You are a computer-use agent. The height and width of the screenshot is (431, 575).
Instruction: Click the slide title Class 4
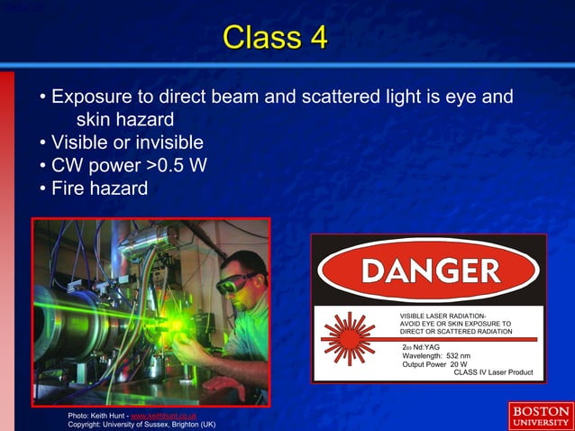click(275, 38)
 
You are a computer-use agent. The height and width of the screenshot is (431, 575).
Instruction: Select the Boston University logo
click(538, 415)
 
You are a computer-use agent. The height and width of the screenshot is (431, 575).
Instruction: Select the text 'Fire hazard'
click(99, 189)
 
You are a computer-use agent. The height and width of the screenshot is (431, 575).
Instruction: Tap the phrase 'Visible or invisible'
click(127, 142)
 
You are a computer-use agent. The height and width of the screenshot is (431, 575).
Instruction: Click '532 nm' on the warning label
click(465, 355)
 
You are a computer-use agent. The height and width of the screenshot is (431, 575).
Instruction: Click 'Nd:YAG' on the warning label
click(426, 347)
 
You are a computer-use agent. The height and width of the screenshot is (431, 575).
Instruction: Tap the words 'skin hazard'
click(124, 119)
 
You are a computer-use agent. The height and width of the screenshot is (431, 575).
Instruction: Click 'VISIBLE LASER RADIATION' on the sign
click(443, 314)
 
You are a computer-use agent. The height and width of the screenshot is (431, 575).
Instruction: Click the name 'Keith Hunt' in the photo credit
click(109, 415)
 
